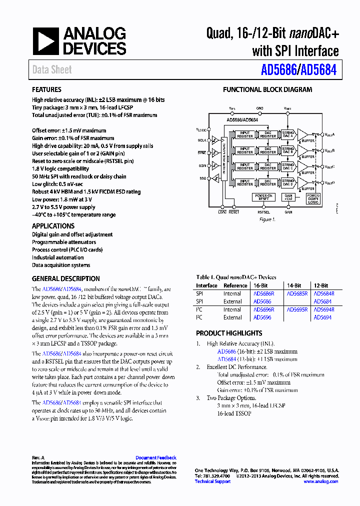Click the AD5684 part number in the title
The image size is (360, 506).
point(320,70)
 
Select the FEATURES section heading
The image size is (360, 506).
point(46,89)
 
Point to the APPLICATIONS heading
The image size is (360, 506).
point(53,226)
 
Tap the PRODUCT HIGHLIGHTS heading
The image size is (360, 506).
point(229,333)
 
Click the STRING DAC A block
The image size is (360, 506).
point(287,134)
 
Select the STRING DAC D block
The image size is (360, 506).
point(287,182)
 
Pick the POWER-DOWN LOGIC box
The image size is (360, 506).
point(313,198)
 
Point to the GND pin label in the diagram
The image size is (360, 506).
point(259,108)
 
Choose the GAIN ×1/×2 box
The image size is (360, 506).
point(288,197)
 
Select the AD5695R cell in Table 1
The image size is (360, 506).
point(297,309)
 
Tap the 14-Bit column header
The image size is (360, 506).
point(294,285)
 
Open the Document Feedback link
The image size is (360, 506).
point(155,457)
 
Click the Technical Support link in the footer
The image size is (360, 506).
point(212,481)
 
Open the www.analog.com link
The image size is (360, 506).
point(320,481)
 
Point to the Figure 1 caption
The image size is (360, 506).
point(266,219)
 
